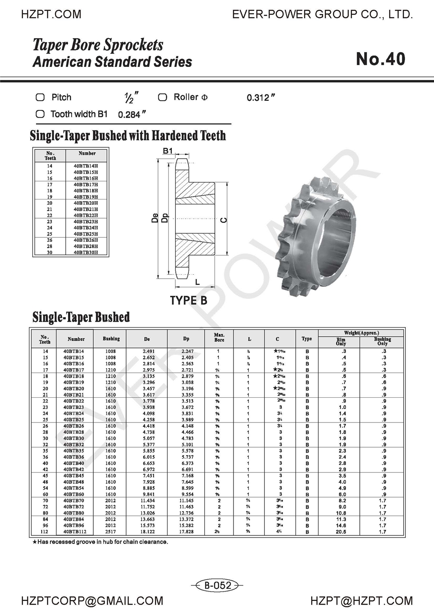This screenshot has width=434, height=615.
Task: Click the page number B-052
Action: [x=217, y=585]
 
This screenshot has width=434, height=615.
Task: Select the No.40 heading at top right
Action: [x=381, y=59]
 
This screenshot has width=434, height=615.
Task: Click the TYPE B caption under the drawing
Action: [x=188, y=300]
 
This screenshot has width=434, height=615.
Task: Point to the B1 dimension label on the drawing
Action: [x=168, y=151]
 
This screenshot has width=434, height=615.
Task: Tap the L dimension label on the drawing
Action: [x=197, y=282]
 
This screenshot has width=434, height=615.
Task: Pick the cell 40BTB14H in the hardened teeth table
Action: [x=85, y=166]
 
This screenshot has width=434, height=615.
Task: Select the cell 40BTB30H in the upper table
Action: [x=85, y=253]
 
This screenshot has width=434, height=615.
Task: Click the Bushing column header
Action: [x=111, y=339]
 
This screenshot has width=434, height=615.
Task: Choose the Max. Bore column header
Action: [x=219, y=337]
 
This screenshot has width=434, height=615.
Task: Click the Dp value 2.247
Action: [x=187, y=351]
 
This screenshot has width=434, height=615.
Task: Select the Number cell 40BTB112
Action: [x=75, y=532]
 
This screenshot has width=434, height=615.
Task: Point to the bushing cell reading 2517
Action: [x=111, y=532]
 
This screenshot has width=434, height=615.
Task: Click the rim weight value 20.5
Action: [x=341, y=532]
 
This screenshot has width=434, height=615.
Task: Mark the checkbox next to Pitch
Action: [x=40, y=97]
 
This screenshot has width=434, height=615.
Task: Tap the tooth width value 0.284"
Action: [x=132, y=115]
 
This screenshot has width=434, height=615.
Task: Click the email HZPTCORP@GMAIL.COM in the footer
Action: [x=92, y=601]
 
